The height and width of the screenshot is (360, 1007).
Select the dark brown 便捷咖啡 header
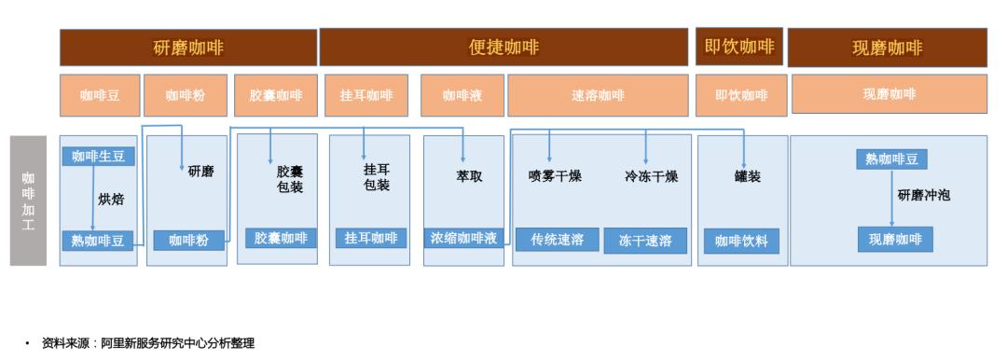[x=504, y=48]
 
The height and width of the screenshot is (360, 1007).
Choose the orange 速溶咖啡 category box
[x=598, y=95]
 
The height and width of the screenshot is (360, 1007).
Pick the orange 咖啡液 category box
[x=462, y=95]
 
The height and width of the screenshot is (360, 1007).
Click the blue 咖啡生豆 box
[x=98, y=156]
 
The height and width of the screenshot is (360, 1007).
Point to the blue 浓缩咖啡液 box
[x=463, y=238]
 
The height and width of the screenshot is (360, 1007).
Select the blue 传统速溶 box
[x=557, y=240]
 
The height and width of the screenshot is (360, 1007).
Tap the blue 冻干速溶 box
[x=645, y=241]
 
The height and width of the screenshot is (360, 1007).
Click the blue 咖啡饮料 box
[x=740, y=241]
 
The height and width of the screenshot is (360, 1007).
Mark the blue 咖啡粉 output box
[x=188, y=241]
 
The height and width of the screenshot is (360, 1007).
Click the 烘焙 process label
[x=111, y=199]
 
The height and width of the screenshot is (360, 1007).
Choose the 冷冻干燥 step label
[x=651, y=176]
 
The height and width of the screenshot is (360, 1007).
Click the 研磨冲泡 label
[x=923, y=196]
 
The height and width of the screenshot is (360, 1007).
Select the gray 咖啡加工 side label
[x=28, y=201]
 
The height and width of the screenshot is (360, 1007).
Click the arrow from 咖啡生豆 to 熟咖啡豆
[x=92, y=198]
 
